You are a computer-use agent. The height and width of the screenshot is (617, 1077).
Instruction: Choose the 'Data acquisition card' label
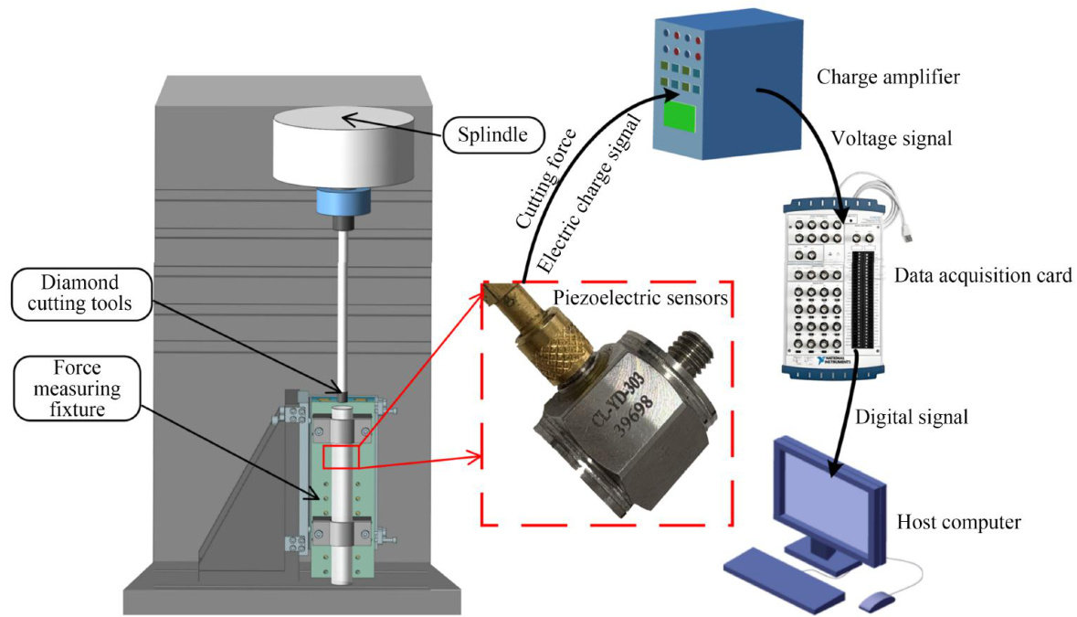pos(983,275)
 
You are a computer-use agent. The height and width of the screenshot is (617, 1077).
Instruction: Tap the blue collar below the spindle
pos(342,200)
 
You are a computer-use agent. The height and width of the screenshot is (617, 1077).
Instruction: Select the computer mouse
pos(877,601)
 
